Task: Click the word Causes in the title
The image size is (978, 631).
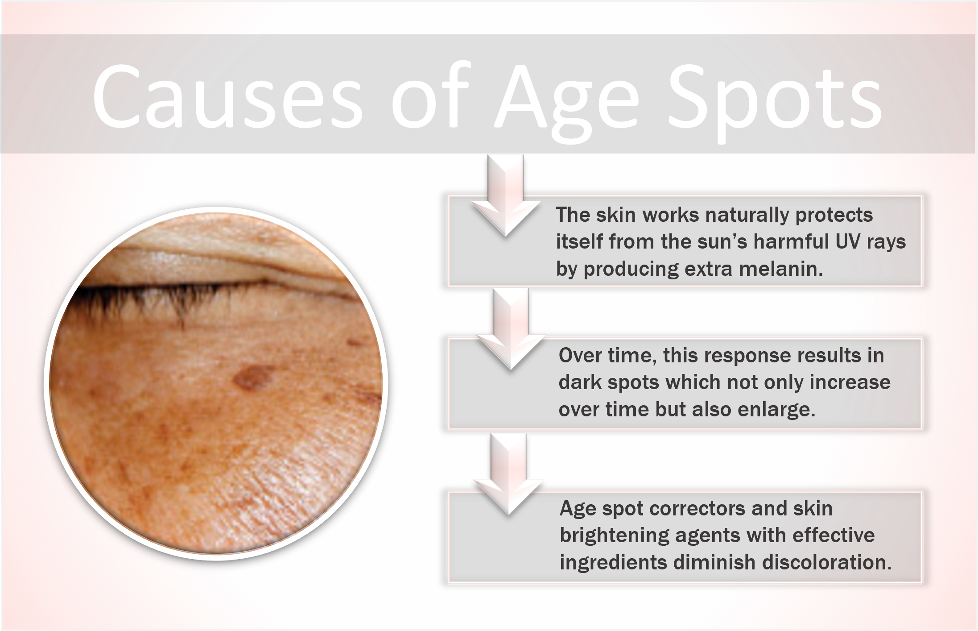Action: (227, 96)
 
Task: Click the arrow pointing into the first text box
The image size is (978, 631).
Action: (505, 196)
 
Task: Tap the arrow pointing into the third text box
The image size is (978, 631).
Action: (508, 477)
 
